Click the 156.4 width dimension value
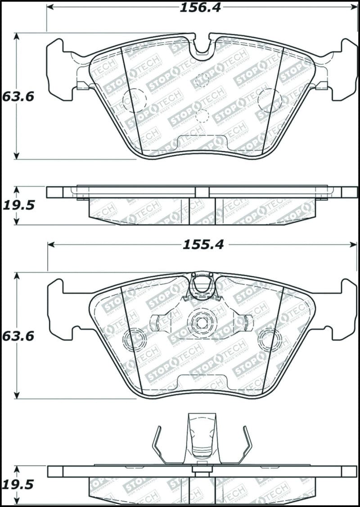pyautogui.click(x=201, y=7)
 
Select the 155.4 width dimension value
pyautogui.click(x=202, y=245)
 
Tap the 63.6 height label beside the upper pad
pyautogui.click(x=18, y=96)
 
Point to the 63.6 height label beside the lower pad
pyautogui.click(x=18, y=336)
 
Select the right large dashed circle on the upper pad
pyautogui.click(x=270, y=100)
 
